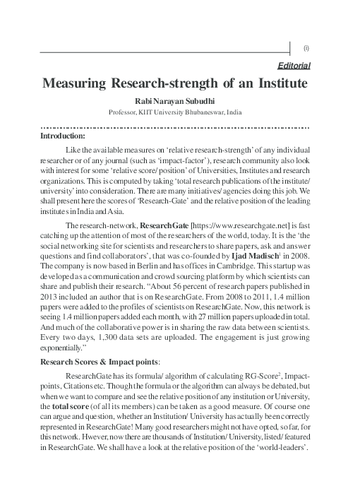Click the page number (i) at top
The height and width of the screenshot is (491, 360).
coord(306,48)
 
